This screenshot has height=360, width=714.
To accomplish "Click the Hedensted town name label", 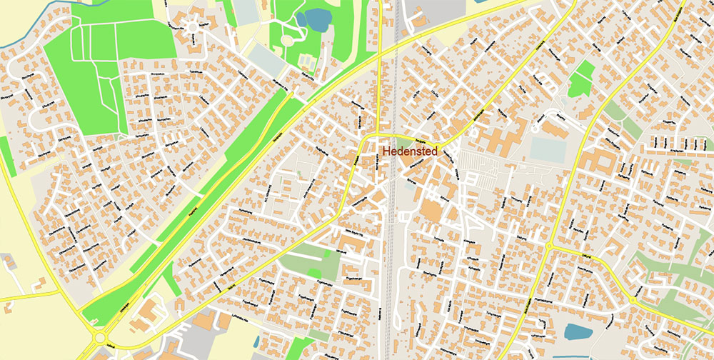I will point(409,151).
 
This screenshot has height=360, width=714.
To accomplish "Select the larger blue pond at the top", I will point(312,17).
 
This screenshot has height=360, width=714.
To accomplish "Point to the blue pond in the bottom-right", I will point(577,331).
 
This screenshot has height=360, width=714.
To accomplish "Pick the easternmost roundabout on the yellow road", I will point(632,301).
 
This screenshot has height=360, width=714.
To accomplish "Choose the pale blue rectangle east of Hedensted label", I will point(547,149).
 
